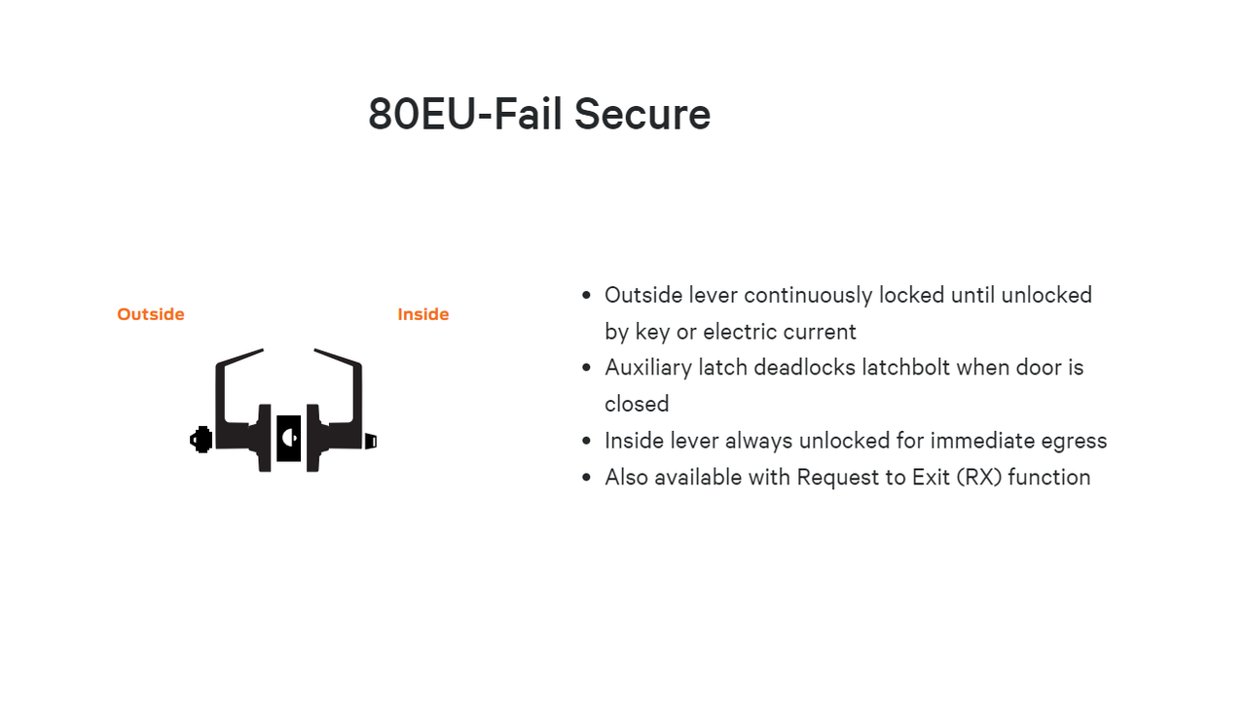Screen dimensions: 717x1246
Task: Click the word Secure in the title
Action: pyautogui.click(x=641, y=114)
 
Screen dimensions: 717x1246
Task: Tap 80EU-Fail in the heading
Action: pyautogui.click(x=467, y=114)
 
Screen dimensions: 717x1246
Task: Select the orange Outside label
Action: pyautogui.click(x=151, y=314)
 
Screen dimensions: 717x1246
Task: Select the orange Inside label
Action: pyautogui.click(x=423, y=314)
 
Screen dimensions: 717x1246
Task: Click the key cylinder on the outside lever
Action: pyautogui.click(x=202, y=440)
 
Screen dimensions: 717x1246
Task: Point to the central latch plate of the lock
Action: pyautogui.click(x=288, y=438)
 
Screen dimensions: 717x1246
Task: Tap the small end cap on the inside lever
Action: pyautogui.click(x=371, y=441)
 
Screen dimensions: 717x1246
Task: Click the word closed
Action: pyautogui.click(x=637, y=404)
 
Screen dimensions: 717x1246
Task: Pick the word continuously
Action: pyautogui.click(x=808, y=295)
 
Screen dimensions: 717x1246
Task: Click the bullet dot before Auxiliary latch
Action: pyautogui.click(x=586, y=368)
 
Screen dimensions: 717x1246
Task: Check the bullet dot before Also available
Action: pyautogui.click(x=586, y=478)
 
